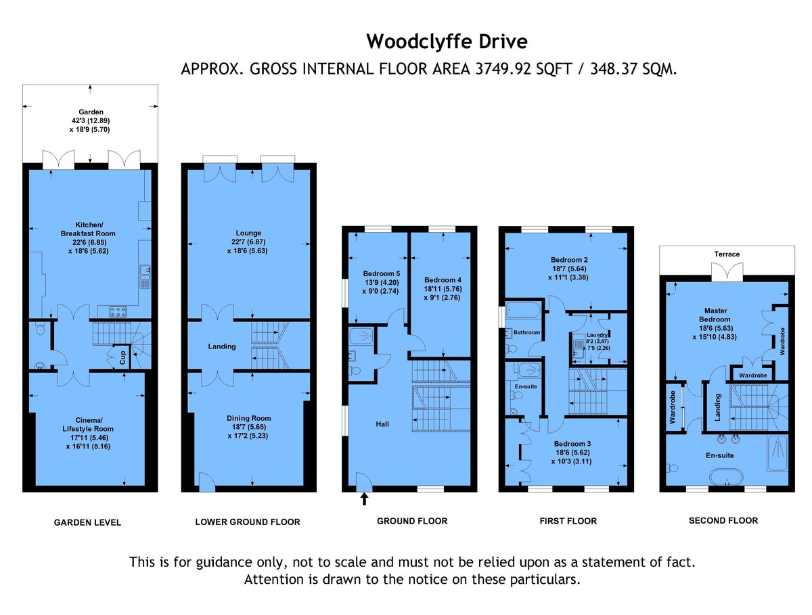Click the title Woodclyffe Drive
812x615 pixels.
(x=446, y=42)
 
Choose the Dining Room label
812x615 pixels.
(x=248, y=418)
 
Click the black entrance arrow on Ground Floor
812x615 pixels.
(x=365, y=499)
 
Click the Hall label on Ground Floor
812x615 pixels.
(x=382, y=424)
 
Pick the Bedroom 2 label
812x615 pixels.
(x=568, y=260)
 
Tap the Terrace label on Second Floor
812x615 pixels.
(x=726, y=254)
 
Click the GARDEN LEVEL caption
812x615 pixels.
(x=88, y=522)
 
